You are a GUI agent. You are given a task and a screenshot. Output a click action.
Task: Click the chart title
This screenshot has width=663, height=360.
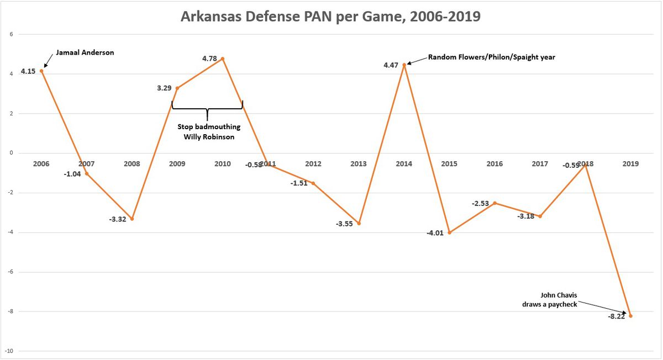(331, 17)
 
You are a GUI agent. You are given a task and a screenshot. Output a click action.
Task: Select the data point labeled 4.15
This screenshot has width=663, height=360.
(41, 71)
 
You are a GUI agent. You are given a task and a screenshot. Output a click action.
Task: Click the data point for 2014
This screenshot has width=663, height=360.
(404, 65)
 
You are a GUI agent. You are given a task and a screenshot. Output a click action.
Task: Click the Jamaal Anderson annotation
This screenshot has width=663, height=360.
(83, 53)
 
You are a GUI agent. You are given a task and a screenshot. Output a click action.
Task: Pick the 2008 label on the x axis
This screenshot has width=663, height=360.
(131, 163)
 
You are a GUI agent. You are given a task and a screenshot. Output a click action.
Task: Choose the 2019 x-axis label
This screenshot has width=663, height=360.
(630, 163)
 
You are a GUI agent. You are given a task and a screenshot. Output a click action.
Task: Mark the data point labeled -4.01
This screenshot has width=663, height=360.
(450, 232)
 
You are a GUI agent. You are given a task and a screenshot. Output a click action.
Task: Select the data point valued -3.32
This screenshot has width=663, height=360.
(131, 219)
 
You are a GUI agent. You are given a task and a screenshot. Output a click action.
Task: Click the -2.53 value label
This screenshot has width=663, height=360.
(480, 204)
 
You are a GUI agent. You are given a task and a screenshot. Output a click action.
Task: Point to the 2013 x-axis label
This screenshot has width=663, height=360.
(359, 163)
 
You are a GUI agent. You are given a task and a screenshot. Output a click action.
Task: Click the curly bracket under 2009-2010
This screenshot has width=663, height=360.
(207, 109)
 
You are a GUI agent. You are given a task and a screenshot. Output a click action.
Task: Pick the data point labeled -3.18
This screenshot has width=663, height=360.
(540, 216)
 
